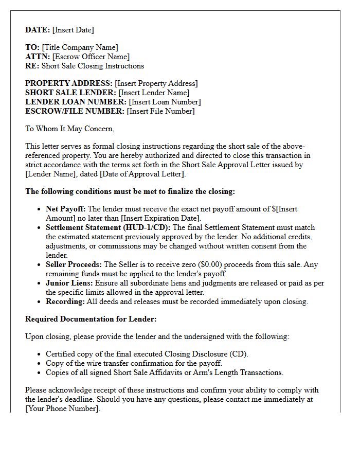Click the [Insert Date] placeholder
tap(73, 30)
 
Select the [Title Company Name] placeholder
tap(80, 47)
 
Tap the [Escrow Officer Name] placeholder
tap(91, 57)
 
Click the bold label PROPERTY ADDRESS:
tap(69, 83)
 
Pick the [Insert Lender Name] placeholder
tap(154, 93)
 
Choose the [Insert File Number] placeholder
tap(160, 111)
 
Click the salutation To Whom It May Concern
tap(69, 129)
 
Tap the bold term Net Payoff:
tap(66, 209)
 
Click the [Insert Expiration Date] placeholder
tap(160, 218)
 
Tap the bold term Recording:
tap(65, 301)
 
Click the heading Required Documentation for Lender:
tap(91, 319)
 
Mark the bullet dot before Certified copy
tap(40, 354)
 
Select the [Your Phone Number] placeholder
tap(62, 408)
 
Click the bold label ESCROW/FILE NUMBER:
tap(75, 111)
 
